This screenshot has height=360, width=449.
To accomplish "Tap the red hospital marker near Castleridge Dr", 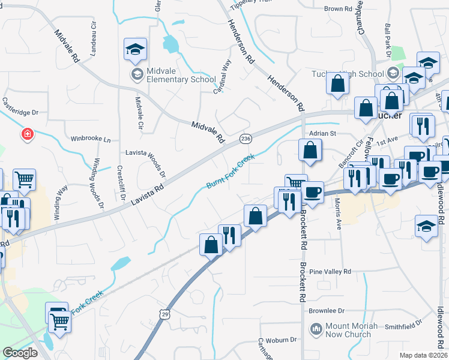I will tap(27, 134).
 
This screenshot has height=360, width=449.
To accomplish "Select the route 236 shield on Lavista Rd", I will tap(246, 139).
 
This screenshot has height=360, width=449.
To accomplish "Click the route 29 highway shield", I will tap(164, 313).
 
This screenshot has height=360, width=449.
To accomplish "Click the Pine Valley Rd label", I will tap(330, 272).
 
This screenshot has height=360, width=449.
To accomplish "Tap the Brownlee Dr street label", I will tap(327, 311).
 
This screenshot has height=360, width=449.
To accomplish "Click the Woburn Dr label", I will tap(281, 340).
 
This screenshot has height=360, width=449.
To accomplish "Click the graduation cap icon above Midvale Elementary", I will tap(136, 50).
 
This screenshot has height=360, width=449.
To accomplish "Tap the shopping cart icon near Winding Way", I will tap(24, 179).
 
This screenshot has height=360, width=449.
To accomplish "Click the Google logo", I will tap(20, 353).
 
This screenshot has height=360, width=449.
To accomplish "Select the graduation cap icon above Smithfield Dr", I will tap(426, 227).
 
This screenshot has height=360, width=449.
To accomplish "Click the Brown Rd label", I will tap(337, 9).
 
